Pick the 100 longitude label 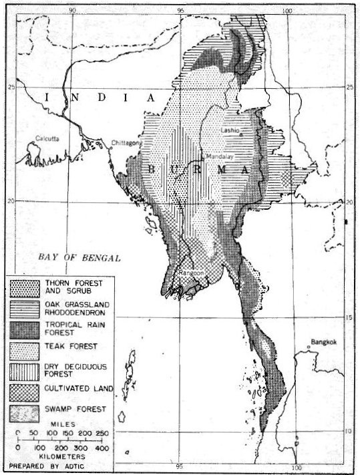288,9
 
